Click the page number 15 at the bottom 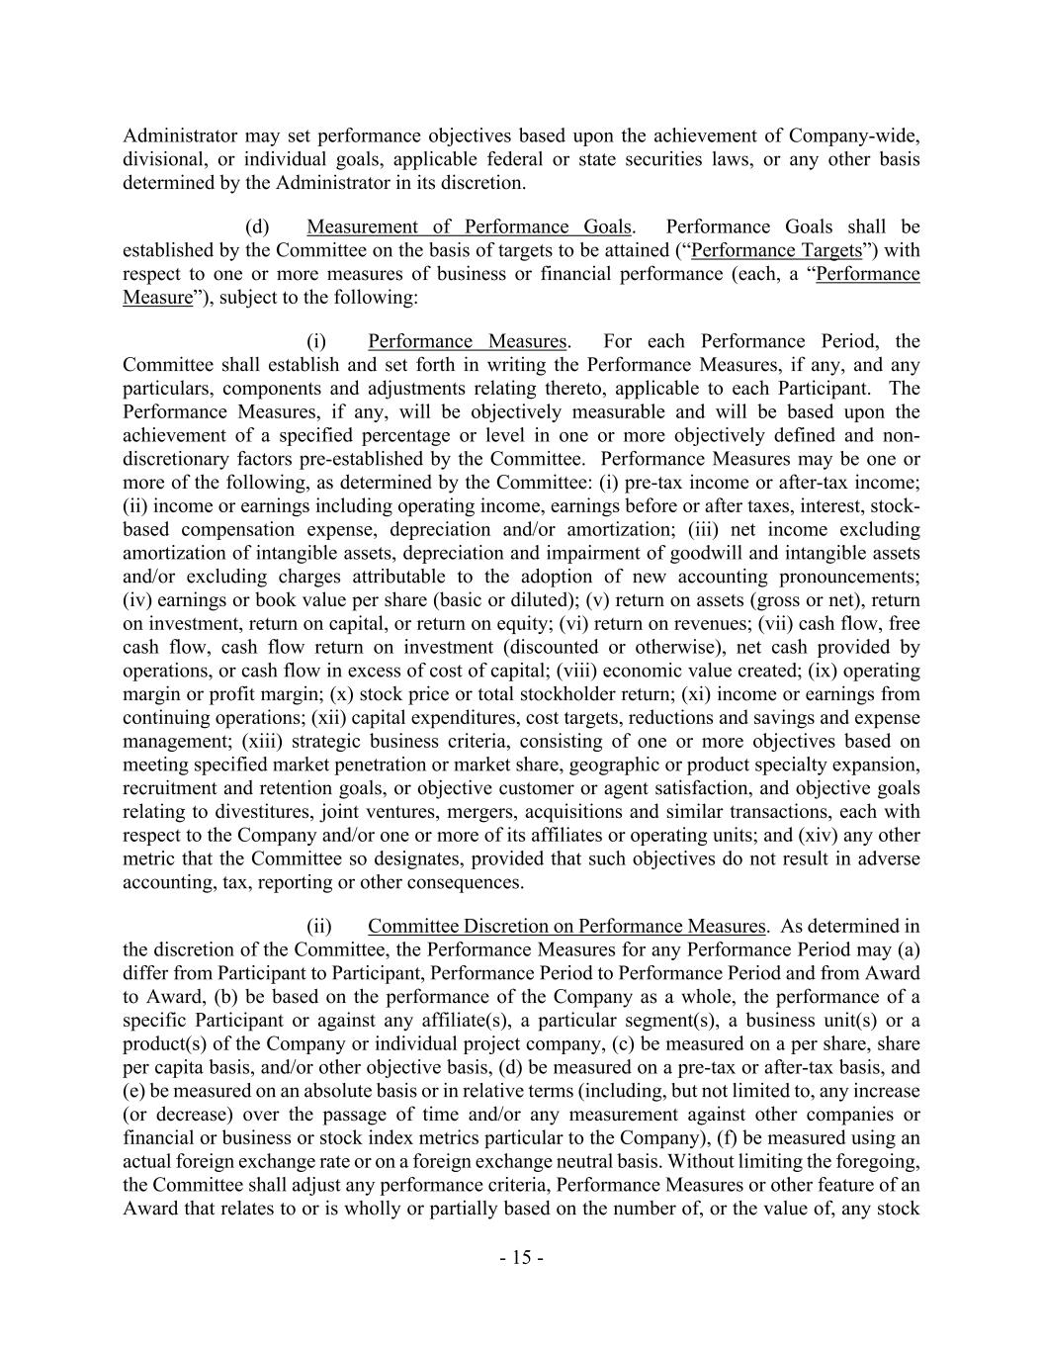click(521, 1258)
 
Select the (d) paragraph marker click(257, 226)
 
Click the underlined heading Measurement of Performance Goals click(469, 226)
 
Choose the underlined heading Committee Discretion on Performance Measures click(566, 927)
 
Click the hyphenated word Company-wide click(859, 135)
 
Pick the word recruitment click(169, 788)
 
